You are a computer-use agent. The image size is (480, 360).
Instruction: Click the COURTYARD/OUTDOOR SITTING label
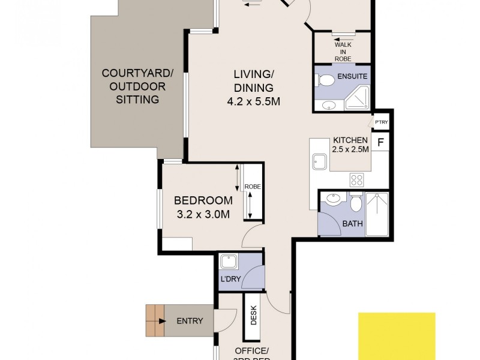138,86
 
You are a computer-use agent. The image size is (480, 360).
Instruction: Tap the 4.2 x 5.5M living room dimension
254,101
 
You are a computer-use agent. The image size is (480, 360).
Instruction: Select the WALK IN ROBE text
343,52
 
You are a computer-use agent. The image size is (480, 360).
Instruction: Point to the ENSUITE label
352,77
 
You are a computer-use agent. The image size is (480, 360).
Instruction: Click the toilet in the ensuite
326,80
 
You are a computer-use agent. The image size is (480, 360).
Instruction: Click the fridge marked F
380,143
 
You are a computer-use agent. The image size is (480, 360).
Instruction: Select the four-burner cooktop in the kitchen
357,179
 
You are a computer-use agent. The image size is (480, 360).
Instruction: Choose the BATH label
352,224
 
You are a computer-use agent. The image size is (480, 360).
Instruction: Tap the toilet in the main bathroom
355,203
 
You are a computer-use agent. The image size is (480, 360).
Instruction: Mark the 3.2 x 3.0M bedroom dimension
203,214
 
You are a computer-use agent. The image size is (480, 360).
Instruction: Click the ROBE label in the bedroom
253,187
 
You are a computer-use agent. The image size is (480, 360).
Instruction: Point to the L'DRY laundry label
231,280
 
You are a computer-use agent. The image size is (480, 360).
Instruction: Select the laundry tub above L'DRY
229,262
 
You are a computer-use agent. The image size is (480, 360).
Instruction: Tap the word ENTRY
190,321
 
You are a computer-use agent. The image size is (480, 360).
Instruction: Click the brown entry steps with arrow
155,321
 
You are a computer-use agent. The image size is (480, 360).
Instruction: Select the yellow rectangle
397,336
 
